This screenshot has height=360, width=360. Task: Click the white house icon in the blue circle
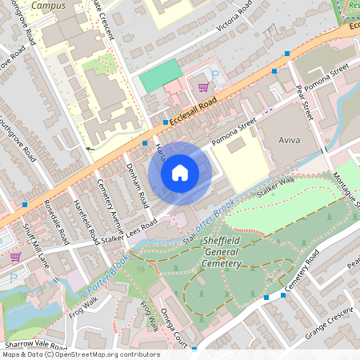tap(180, 173)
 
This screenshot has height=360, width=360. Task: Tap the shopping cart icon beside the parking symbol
tap(203, 86)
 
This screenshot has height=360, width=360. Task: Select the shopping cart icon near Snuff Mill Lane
tap(15, 257)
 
